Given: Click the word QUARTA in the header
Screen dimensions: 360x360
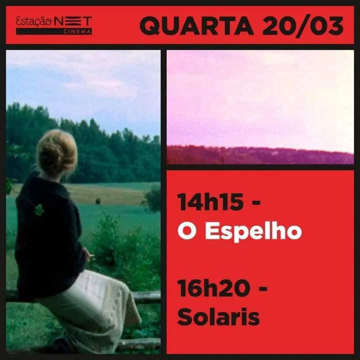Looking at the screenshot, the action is [x=196, y=25].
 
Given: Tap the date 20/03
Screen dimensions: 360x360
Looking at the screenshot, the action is [x=303, y=25].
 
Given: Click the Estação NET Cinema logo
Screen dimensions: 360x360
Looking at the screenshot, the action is [x=54, y=25].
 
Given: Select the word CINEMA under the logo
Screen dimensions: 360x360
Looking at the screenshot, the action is [x=77, y=32].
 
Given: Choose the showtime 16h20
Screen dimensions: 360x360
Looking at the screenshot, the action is [x=213, y=288].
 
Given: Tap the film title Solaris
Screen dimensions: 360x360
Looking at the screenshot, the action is [x=218, y=316].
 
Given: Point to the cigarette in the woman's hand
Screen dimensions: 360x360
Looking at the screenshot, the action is [x=91, y=255].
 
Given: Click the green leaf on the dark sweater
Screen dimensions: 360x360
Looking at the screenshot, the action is [x=39, y=209].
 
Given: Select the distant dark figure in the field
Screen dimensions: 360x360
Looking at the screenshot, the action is [x=98, y=201].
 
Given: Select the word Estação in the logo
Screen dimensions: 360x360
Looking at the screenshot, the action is [x=34, y=21].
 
